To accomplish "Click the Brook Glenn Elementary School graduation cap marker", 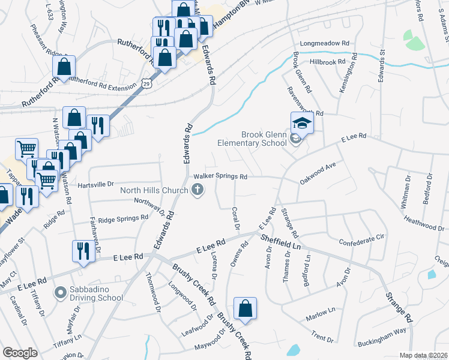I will [x=302, y=124].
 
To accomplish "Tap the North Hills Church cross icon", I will [x=197, y=191].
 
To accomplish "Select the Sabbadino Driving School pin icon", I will [x=60, y=293].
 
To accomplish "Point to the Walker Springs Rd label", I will [x=220, y=177].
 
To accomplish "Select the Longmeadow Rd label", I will [x=325, y=44].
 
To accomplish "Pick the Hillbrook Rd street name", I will [x=328, y=62].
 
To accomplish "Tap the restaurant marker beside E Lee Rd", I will [x=82, y=250].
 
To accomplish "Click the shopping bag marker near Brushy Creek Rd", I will [x=245, y=309].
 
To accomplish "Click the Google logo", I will [x=20, y=353].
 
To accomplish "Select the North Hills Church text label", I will [x=154, y=191].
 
